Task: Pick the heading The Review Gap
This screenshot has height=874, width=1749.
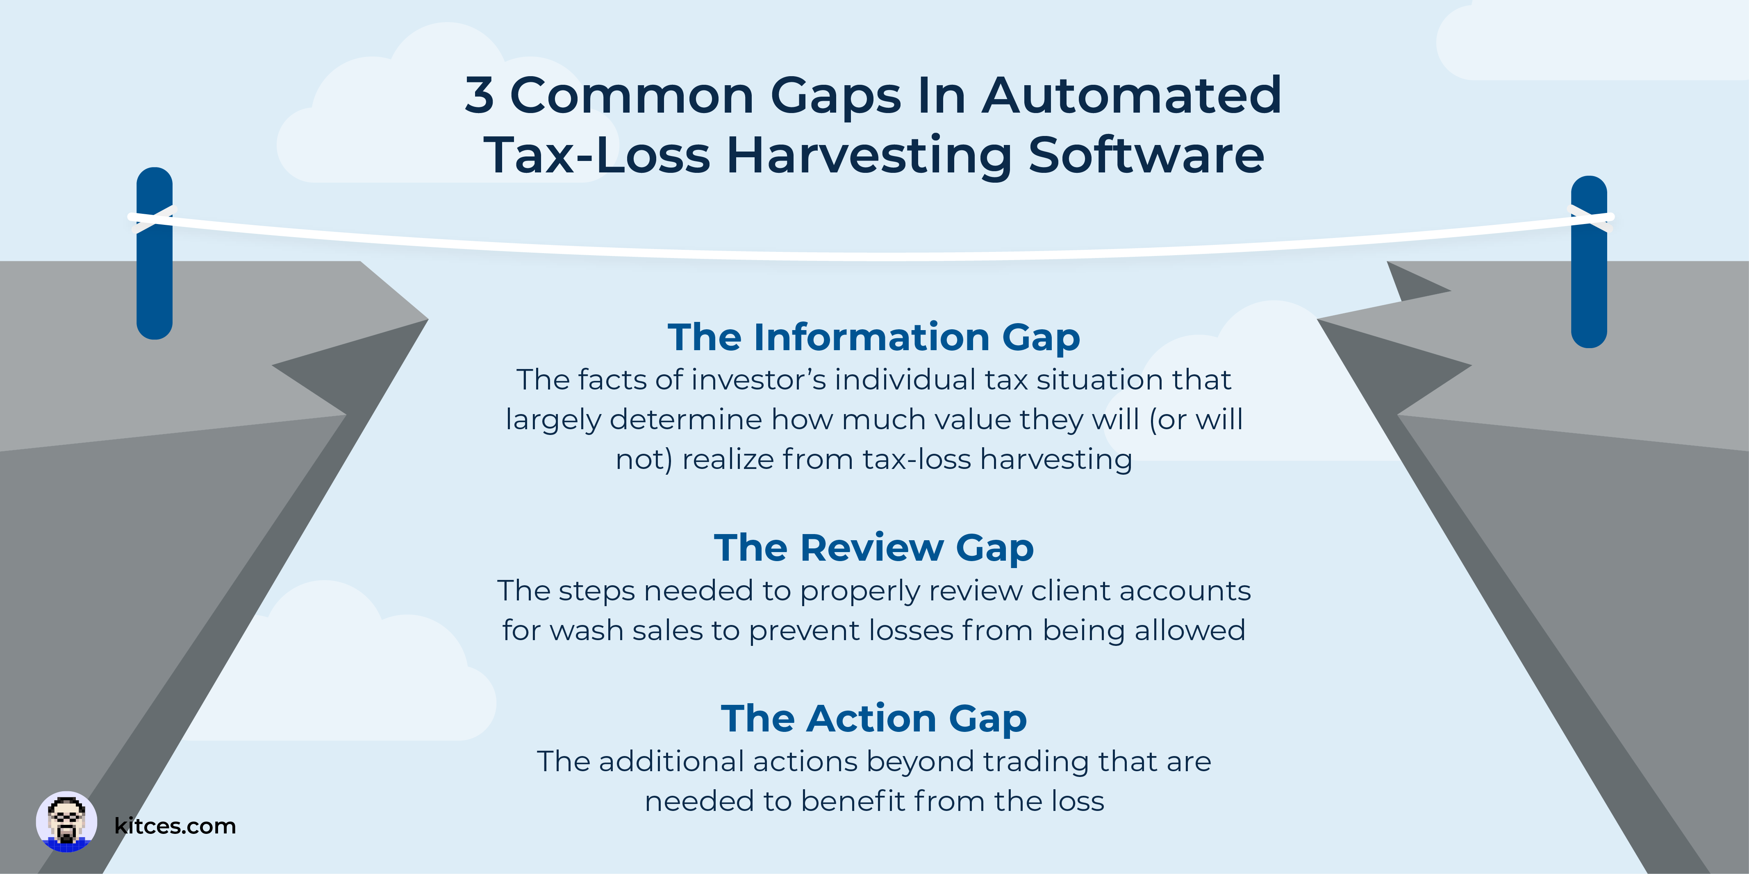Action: point(874,548)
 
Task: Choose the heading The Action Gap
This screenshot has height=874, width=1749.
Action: point(874,719)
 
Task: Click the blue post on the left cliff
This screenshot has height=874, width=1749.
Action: point(155,253)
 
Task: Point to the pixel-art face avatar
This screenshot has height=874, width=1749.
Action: point(66,822)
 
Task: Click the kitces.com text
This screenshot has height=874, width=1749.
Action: point(175,826)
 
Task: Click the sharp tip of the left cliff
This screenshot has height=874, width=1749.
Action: point(428,319)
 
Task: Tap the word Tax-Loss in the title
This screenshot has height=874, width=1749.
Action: point(597,155)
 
